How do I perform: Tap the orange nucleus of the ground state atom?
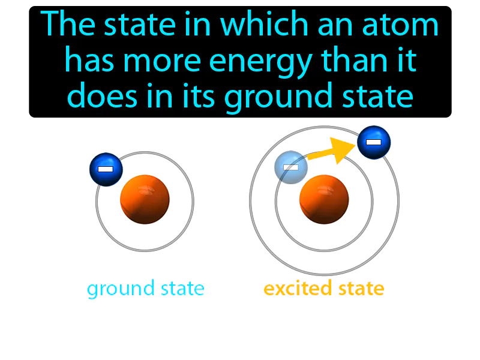[145, 199]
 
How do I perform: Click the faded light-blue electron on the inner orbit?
[291, 167]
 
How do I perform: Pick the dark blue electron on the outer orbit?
[374, 143]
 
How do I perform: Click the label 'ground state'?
[146, 289]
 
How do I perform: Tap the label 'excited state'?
[324, 289]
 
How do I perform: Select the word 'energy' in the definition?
[259, 61]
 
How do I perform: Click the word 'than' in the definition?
[344, 61]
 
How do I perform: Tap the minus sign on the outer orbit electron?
[374, 143]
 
